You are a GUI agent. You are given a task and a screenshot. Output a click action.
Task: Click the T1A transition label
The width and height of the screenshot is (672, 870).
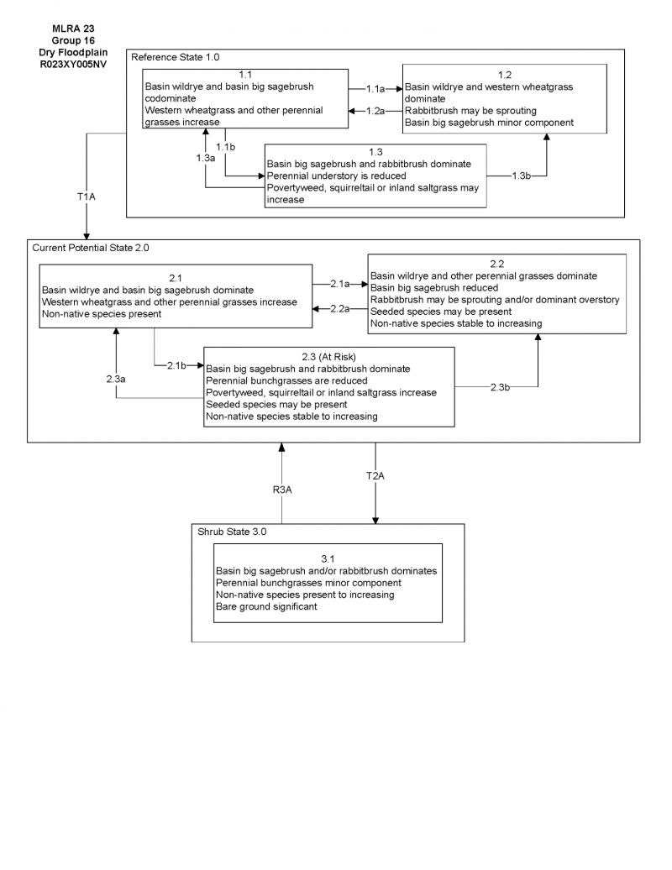(86, 197)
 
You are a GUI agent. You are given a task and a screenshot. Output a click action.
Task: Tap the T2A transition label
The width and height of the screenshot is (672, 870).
(375, 475)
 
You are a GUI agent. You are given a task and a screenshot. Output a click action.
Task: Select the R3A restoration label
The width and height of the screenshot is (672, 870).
(281, 489)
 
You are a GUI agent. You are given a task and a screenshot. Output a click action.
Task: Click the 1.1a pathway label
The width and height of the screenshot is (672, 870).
(375, 88)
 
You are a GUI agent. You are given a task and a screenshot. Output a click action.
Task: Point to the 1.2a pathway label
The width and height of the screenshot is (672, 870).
(375, 111)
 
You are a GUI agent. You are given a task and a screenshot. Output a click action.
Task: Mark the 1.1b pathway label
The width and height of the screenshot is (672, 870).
(225, 147)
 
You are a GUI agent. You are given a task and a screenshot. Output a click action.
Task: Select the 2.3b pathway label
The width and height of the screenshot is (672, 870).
(500, 386)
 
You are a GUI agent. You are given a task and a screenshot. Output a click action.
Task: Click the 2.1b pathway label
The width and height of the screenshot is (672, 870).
(176, 365)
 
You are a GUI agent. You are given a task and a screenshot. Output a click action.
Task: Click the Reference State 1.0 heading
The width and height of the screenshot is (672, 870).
(175, 57)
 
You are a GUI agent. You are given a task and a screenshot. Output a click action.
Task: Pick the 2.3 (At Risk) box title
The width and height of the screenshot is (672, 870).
(329, 355)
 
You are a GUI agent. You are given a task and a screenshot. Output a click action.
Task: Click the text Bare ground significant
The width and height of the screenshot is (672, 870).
(266, 606)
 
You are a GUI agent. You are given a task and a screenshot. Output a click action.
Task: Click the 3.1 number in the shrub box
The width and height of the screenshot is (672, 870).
(328, 558)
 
